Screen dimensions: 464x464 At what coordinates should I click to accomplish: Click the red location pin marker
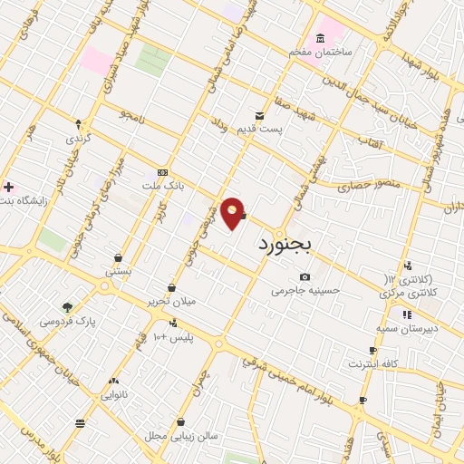pyautogui.click(x=233, y=212)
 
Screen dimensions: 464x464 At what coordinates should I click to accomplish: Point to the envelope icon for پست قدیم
pyautogui.click(x=260, y=115)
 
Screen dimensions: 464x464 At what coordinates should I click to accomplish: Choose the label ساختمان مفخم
pyautogui.click(x=320, y=53)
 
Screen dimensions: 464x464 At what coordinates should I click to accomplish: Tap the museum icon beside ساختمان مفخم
pyautogui.click(x=320, y=38)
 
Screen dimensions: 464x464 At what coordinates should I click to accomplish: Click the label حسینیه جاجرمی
pyautogui.click(x=304, y=291)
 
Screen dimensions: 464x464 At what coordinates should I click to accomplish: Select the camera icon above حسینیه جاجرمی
pyautogui.click(x=304, y=276)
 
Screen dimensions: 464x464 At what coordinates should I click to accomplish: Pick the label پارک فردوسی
pyautogui.click(x=67, y=321)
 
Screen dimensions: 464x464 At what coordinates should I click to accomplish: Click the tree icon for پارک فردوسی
pyautogui.click(x=67, y=306)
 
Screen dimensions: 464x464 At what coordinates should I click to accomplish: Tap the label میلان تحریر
pyautogui.click(x=171, y=302)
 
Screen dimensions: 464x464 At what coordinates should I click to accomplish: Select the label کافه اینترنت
pyautogui.click(x=373, y=363)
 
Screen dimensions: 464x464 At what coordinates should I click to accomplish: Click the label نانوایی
pyautogui.click(x=114, y=395)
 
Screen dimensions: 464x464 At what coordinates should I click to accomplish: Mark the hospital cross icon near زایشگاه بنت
pyautogui.click(x=8, y=186)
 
